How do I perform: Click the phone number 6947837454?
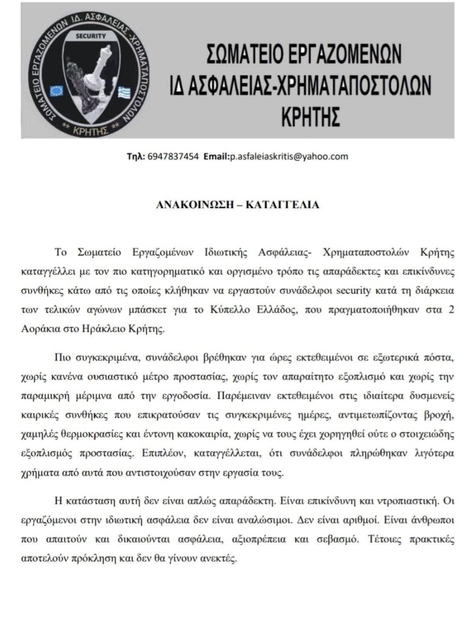pos(173,156)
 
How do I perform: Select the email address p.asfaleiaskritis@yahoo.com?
pos(289,156)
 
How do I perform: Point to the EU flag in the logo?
pos(57,91)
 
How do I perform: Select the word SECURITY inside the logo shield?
pos(91,36)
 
